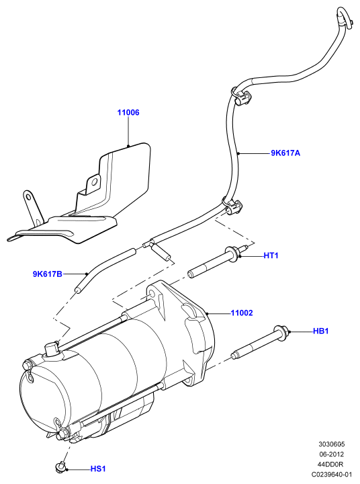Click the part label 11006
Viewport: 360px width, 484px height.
click(x=128, y=112)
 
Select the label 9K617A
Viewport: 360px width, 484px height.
click(x=285, y=153)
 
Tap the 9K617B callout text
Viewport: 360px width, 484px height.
click(x=48, y=274)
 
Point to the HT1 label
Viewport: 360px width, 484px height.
click(x=271, y=255)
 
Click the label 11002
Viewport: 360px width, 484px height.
click(x=242, y=313)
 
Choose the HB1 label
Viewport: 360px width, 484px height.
click(x=321, y=331)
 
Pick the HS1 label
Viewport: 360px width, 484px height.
click(x=98, y=469)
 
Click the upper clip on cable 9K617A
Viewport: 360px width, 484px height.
click(x=242, y=96)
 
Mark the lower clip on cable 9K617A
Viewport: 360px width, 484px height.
click(x=232, y=207)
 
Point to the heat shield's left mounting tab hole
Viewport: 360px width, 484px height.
click(x=28, y=196)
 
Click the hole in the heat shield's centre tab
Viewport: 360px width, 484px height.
click(x=94, y=182)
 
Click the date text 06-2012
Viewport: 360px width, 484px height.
click(x=331, y=454)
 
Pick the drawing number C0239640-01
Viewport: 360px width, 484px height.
click(x=331, y=474)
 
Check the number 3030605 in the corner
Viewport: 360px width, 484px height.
click(x=332, y=444)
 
